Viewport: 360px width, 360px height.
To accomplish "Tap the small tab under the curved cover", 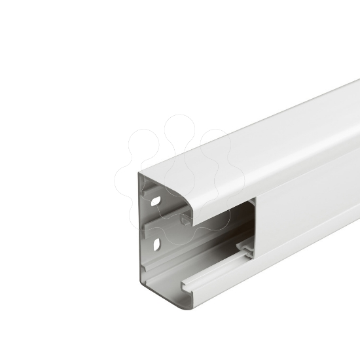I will tap(186, 219).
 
